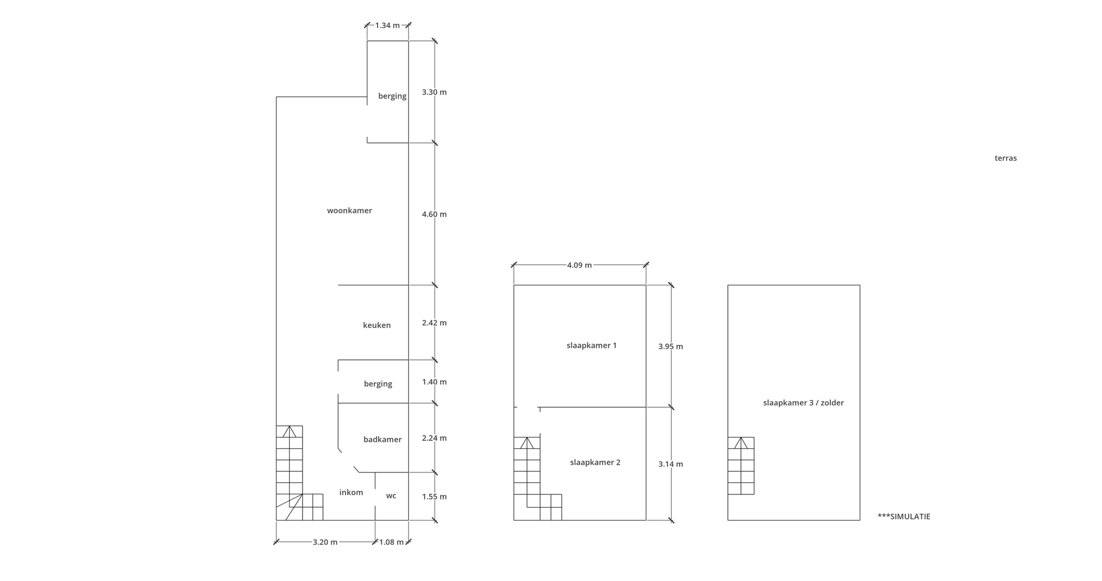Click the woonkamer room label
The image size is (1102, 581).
coord(350,211)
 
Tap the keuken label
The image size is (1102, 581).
coord(377,325)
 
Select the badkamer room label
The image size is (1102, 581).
coord(382,439)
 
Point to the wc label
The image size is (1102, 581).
coord(391,496)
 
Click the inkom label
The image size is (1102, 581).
coord(351,492)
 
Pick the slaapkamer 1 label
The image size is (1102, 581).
coord(591,346)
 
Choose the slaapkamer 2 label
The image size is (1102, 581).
coord(595,462)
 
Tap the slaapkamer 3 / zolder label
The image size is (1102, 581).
coord(804,403)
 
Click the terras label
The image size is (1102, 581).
coord(1006,158)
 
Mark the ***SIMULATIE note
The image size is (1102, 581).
coord(904,517)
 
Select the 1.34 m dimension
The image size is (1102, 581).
coord(387,25)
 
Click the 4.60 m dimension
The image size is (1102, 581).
coord(434,214)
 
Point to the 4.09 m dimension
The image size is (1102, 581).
coord(579,265)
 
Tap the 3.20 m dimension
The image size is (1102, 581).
coord(325,542)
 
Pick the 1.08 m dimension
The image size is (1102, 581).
coord(391,542)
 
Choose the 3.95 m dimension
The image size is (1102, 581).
coord(670,346)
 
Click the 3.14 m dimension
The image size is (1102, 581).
coord(670,464)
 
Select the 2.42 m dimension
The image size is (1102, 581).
coord(434,323)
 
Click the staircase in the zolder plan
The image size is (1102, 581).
coord(741,466)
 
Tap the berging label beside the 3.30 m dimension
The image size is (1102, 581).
coord(392,96)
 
